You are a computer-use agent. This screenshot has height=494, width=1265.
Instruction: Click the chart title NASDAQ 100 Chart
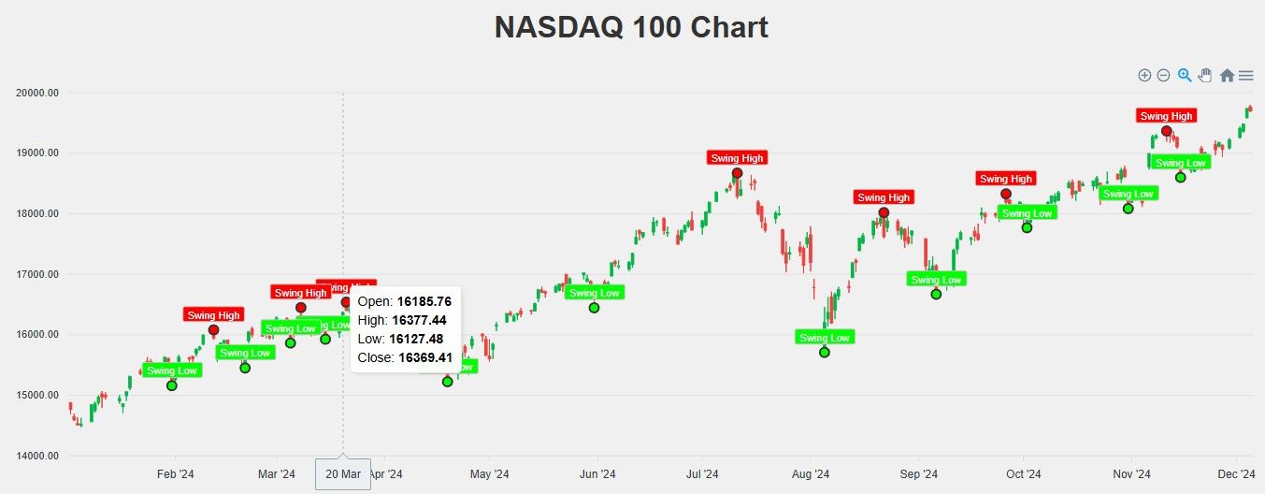pyautogui.click(x=631, y=28)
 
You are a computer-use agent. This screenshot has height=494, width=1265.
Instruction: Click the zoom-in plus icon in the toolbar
pyautogui.click(x=1144, y=75)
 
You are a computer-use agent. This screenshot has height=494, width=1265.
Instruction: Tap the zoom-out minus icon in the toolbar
pyautogui.click(x=1163, y=75)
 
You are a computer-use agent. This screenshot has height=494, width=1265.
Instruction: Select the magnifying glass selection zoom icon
pyautogui.click(x=1185, y=75)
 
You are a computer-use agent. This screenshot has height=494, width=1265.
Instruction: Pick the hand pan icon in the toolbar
pyautogui.click(x=1205, y=75)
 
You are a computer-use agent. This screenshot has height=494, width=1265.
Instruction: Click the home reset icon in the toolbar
pyautogui.click(x=1227, y=75)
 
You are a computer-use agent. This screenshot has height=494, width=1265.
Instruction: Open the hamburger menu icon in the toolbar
pyautogui.click(x=1245, y=75)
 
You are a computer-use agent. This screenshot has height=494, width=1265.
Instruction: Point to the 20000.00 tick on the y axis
pyautogui.click(x=38, y=93)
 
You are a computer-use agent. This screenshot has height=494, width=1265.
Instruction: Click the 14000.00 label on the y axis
pyautogui.click(x=38, y=456)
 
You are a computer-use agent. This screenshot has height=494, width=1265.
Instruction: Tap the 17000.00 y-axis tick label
pyautogui.click(x=38, y=274)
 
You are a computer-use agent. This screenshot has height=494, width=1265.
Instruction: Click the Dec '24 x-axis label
pyautogui.click(x=1236, y=474)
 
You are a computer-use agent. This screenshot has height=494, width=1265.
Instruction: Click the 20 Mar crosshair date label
pyautogui.click(x=343, y=474)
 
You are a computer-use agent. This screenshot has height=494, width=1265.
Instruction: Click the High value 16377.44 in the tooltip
pyautogui.click(x=419, y=320)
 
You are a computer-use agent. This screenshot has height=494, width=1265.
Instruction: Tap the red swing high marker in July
pyautogui.click(x=737, y=173)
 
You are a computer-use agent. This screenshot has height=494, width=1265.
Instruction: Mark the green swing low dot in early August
pyautogui.click(x=824, y=352)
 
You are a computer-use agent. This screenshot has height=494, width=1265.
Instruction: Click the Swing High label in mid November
pyautogui.click(x=1166, y=116)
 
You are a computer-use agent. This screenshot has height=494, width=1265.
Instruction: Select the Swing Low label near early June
pyautogui.click(x=594, y=293)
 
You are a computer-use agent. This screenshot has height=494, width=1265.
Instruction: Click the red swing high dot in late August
pyautogui.click(x=884, y=212)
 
